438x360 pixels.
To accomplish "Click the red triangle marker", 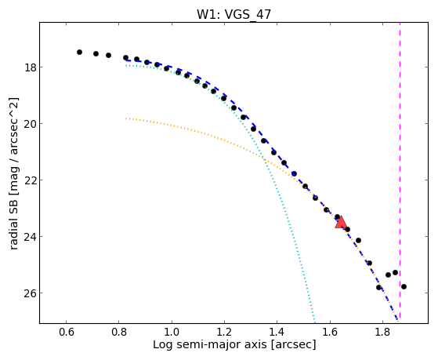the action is click(341, 222).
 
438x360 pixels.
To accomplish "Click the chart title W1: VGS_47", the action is click(233, 14).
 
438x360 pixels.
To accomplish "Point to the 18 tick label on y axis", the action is click(31, 67).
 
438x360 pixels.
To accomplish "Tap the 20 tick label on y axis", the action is click(31, 124).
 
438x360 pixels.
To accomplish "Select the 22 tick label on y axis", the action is click(31, 180).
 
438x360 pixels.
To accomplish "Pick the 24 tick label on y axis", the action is click(31, 237).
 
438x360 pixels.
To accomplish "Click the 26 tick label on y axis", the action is click(31, 293).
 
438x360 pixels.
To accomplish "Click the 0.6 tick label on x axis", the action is click(66, 332).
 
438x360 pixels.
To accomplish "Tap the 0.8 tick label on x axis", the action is click(119, 332).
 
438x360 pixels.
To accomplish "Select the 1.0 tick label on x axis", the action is click(172, 332).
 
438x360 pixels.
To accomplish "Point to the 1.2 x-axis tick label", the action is click(224, 332).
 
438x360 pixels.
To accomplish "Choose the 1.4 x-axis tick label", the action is click(277, 332).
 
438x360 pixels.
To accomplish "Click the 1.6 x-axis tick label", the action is click(330, 332).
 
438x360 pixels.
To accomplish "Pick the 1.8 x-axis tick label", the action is click(382, 332).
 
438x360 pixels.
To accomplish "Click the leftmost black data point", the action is click(79, 52).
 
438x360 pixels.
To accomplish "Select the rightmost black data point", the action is click(404, 286).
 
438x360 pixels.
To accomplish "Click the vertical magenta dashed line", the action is click(400, 171).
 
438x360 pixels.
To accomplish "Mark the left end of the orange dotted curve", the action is click(126, 118).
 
